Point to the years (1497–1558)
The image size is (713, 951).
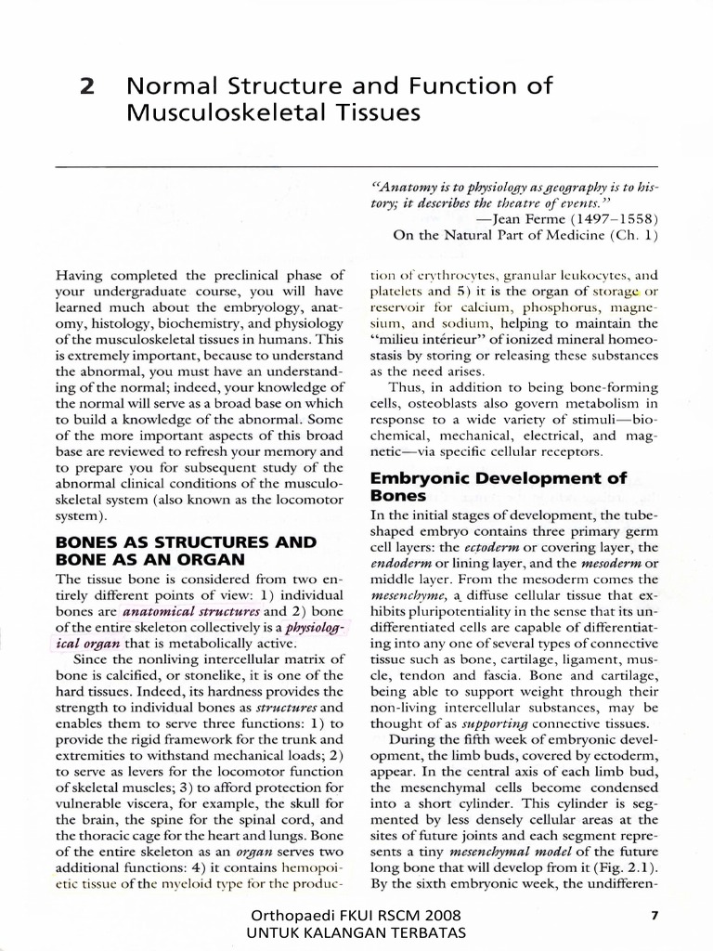616,219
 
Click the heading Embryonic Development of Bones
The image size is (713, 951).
499,488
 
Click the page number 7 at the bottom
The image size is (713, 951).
655,916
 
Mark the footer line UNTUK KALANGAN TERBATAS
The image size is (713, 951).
356,932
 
